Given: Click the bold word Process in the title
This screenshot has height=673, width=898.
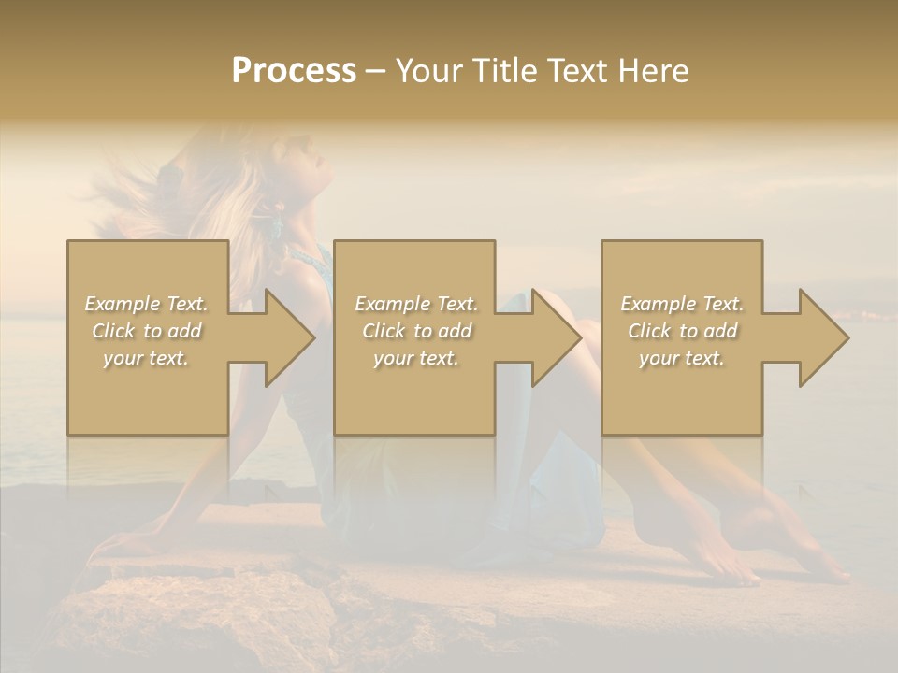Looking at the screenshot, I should click(294, 71).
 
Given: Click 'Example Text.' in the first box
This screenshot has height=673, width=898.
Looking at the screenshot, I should click(146, 304).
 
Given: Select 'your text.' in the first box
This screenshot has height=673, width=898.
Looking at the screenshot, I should click(146, 358).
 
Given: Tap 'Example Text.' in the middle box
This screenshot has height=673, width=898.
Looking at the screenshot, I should click(416, 304).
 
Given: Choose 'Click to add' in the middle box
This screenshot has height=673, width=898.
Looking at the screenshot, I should click(416, 331).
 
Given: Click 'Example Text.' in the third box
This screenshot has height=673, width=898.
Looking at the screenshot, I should click(682, 304).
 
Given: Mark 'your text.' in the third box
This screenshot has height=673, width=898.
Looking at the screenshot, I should click(682, 358).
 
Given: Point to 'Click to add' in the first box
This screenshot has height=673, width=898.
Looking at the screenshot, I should click(146, 331).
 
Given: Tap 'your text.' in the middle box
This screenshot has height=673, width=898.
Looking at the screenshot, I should click(416, 358).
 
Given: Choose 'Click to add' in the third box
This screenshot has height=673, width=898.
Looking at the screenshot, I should click(682, 331).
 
